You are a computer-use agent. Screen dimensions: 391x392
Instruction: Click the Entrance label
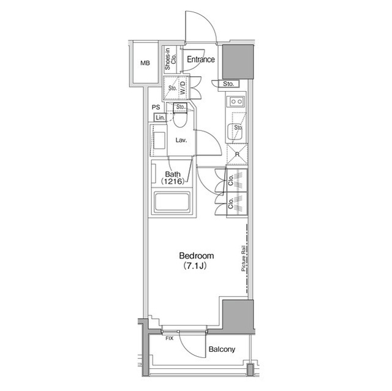point(200,60)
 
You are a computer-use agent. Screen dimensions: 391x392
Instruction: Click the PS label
point(156,108)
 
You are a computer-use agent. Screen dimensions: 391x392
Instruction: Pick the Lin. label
point(159,117)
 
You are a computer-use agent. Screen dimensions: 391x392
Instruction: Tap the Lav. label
point(181,140)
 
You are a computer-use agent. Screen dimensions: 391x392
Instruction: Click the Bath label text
point(172,174)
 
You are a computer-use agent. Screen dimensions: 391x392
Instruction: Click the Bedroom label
point(196,256)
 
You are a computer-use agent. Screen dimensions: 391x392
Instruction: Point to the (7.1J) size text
point(196,267)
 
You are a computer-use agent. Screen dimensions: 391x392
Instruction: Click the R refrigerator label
point(236,154)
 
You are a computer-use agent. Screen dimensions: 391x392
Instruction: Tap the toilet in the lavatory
point(179,119)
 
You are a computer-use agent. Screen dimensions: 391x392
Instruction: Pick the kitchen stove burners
point(236,102)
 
